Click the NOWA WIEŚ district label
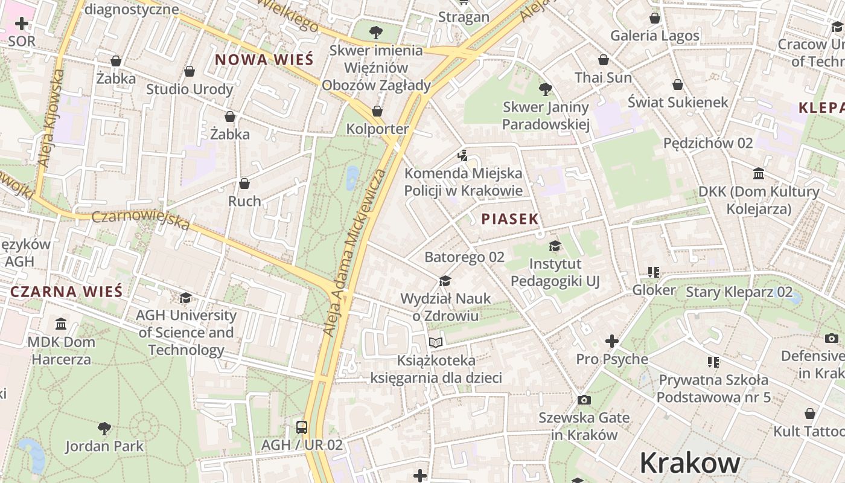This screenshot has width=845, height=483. [264, 60]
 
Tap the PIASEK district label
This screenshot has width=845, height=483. [510, 219]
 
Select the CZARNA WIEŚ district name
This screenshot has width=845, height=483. [66, 292]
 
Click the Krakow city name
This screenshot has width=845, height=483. [690, 463]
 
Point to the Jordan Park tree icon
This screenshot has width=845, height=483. [104, 429]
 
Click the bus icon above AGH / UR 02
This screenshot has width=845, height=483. [302, 427]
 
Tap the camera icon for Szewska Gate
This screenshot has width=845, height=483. [584, 400]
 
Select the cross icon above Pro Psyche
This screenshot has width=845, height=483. [612, 342]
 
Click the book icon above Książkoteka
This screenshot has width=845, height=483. [436, 343]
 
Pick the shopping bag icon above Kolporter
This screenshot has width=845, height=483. [377, 111]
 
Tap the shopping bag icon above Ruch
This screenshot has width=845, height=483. [244, 184]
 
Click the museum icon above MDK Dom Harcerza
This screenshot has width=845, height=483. [61, 324]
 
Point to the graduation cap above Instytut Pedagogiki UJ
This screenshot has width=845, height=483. [555, 246]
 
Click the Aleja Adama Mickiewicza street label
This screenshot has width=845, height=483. [355, 254]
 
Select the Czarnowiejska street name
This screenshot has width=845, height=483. [141, 220]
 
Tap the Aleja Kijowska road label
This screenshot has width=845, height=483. [51, 118]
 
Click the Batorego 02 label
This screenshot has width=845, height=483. [464, 257]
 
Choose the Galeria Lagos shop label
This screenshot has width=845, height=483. [655, 36]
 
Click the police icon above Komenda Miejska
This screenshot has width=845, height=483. [463, 156]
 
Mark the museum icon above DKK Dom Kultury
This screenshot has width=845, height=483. [759, 174]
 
